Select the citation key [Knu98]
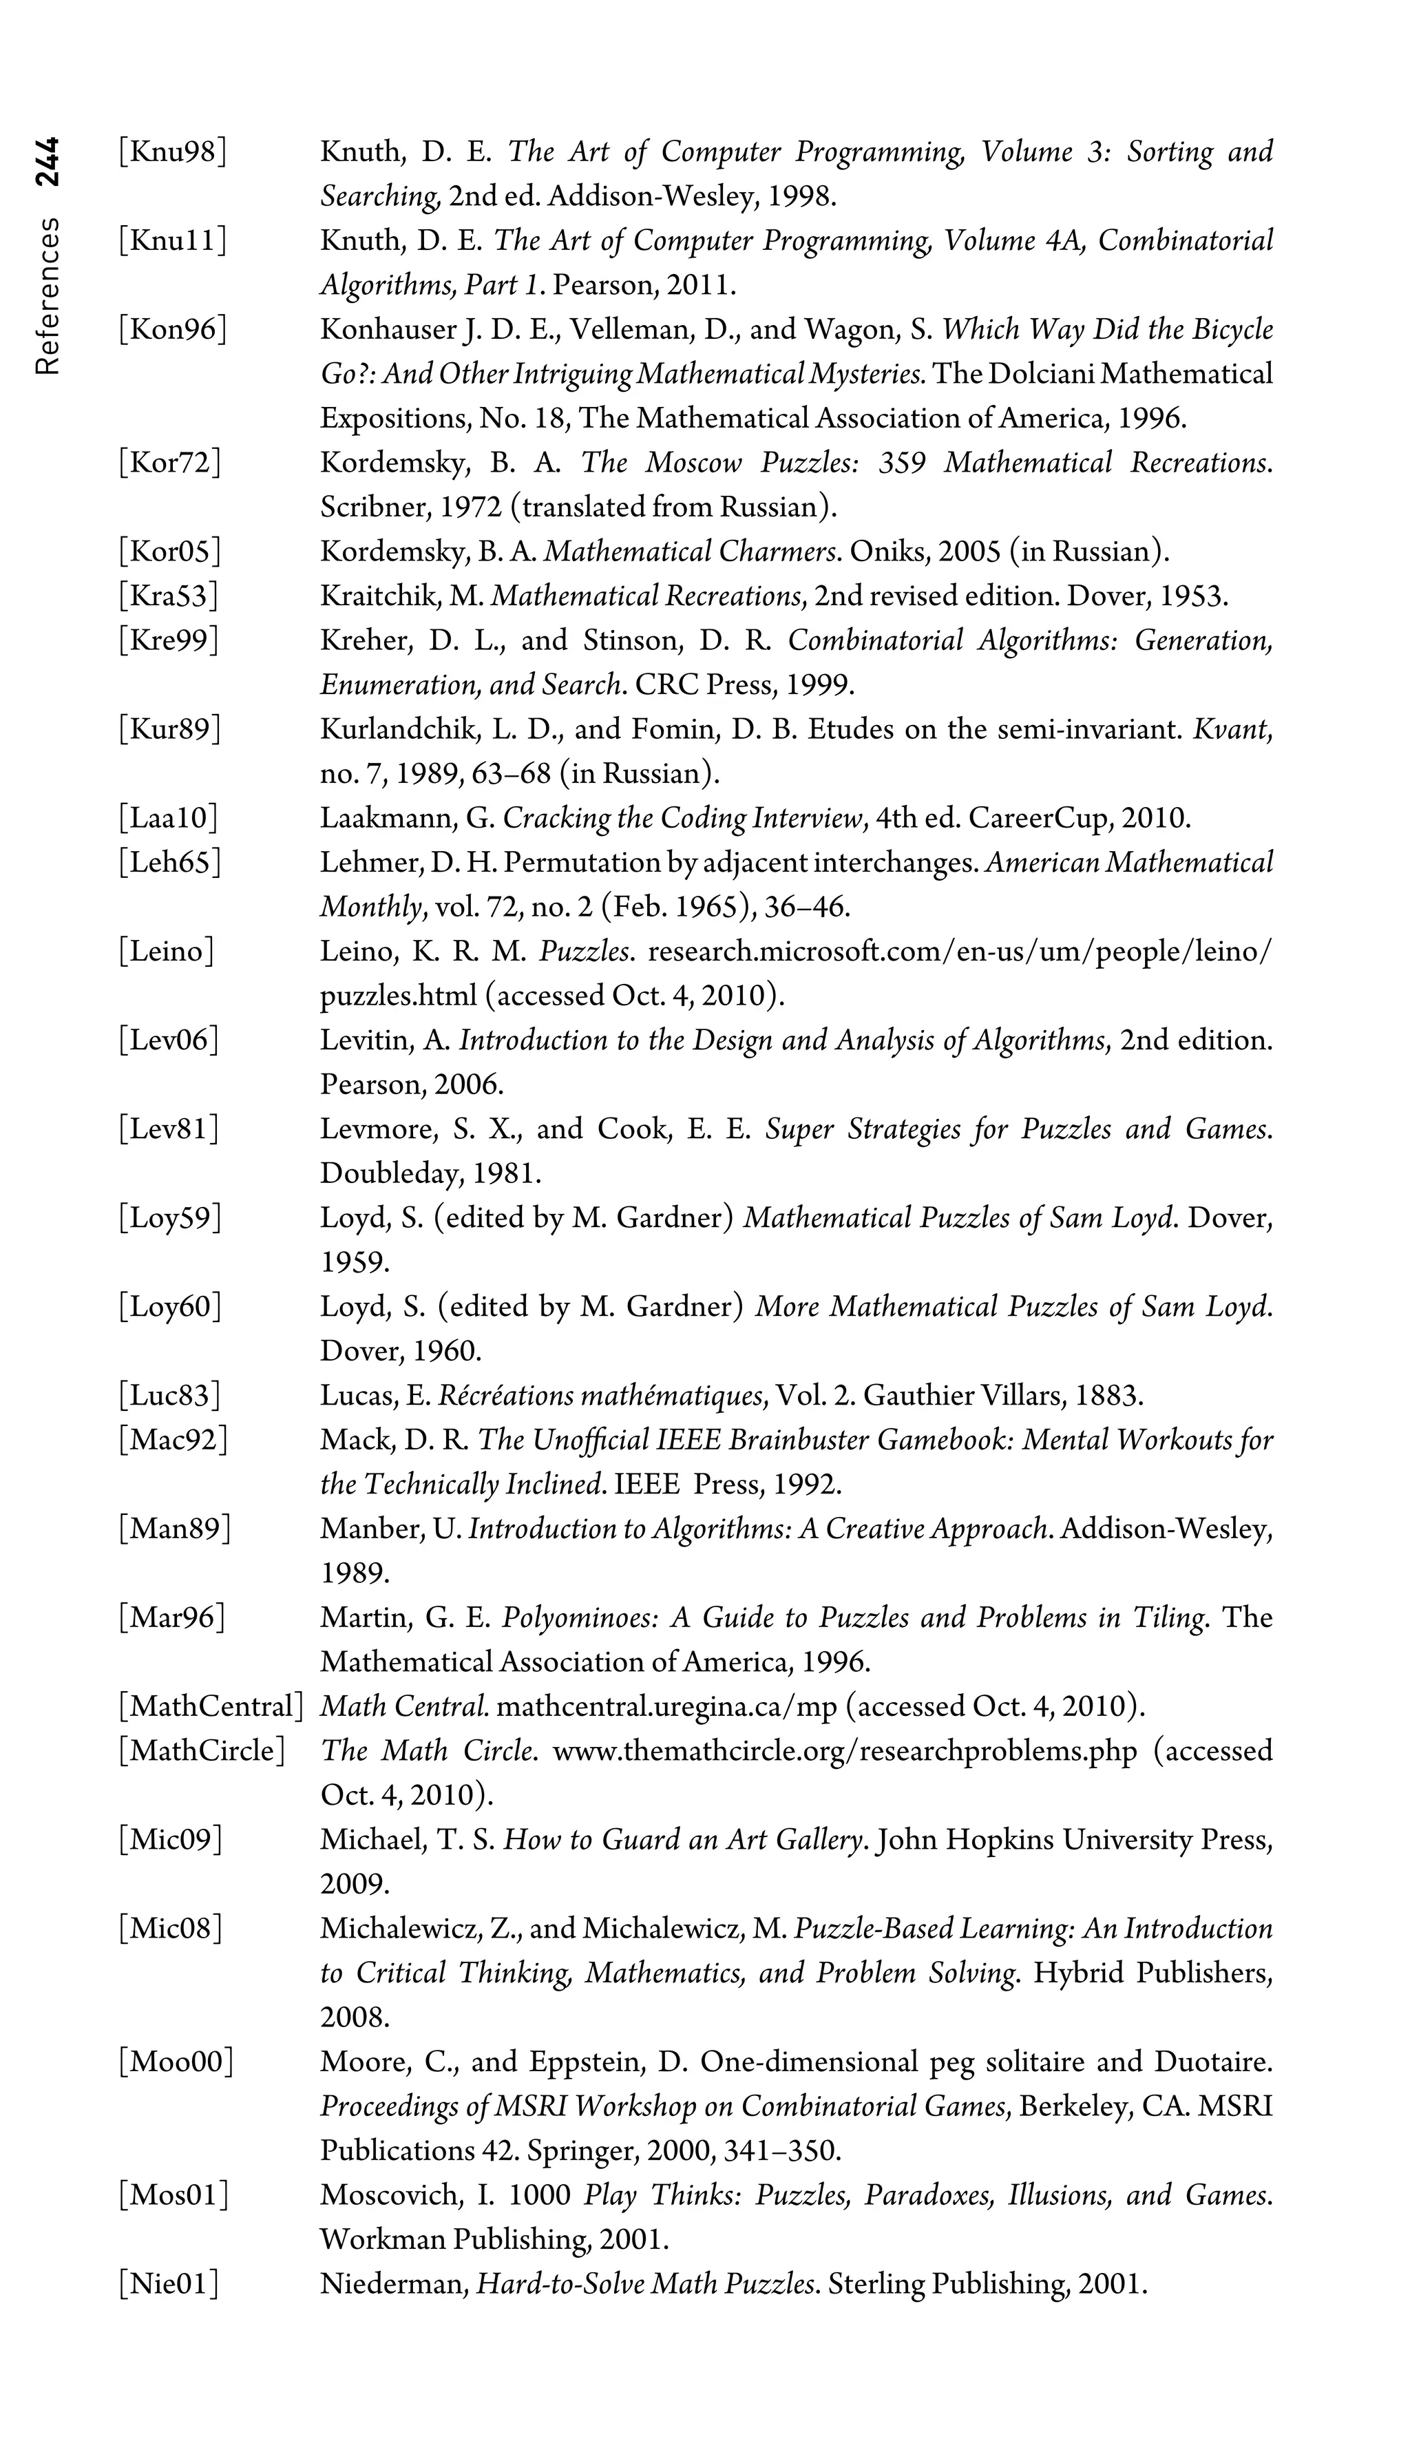coord(172,152)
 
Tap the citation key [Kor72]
coord(169,463)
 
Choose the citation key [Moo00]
coord(176,2062)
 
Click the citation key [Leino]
coord(166,952)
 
